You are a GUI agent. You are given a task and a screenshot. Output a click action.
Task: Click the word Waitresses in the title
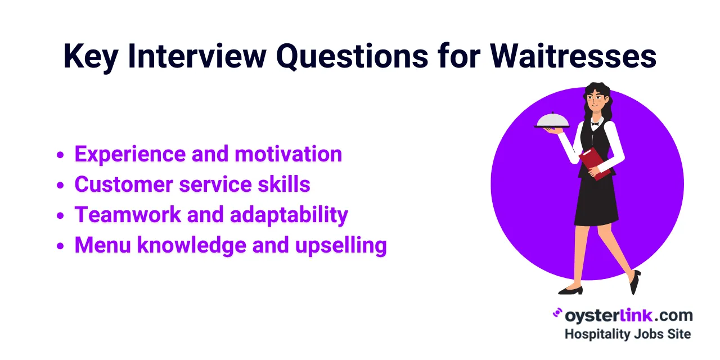(x=573, y=57)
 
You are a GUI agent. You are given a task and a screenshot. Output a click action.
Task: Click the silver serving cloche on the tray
(x=552, y=119)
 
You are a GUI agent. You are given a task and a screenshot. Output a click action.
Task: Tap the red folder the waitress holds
(x=595, y=163)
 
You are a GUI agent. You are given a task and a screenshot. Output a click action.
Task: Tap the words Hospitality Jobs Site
(x=627, y=334)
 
